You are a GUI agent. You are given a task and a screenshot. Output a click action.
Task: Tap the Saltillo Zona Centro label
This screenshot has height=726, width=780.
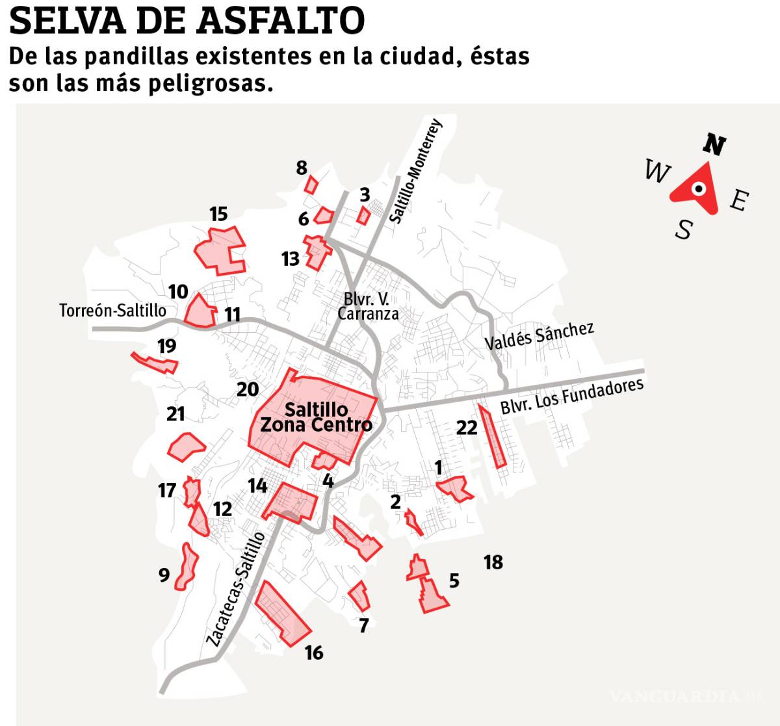click(317, 417)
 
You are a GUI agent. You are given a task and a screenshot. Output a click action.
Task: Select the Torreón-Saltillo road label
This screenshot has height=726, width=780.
click(112, 310)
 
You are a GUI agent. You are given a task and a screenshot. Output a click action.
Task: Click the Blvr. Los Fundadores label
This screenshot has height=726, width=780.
click(572, 395)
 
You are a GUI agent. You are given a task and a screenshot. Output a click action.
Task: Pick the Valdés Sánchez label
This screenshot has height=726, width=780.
click(539, 335)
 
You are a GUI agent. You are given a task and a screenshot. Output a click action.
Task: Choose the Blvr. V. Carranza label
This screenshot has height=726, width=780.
click(368, 306)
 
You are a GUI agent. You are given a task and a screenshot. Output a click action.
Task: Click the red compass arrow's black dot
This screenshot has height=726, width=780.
click(698, 189)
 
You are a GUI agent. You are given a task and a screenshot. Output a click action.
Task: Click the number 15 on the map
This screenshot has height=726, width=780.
click(218, 214)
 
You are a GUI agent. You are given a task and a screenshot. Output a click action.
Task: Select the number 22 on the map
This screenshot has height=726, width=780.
click(467, 427)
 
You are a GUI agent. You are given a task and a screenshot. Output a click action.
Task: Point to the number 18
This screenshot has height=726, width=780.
click(493, 562)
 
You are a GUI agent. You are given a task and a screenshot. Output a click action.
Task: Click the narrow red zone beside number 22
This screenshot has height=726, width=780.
click(492, 435)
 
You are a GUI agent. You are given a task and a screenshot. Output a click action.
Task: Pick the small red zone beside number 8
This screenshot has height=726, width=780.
click(311, 185)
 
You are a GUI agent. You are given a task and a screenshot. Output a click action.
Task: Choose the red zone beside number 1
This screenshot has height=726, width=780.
click(455, 488)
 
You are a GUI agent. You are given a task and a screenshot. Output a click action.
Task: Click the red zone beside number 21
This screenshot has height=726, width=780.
click(186, 446)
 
